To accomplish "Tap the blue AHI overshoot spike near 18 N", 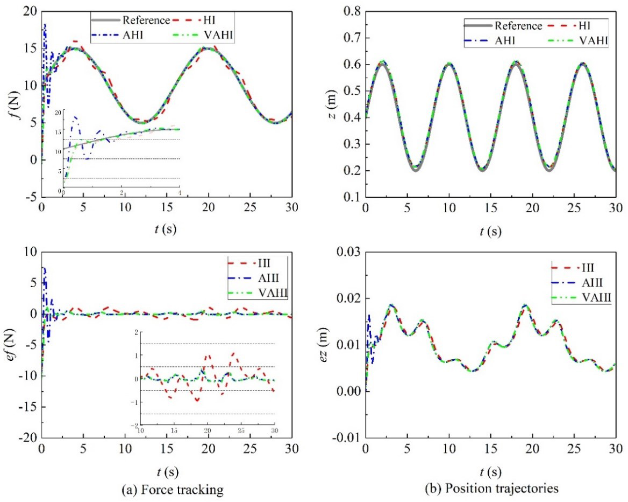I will [x=45, y=25].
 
